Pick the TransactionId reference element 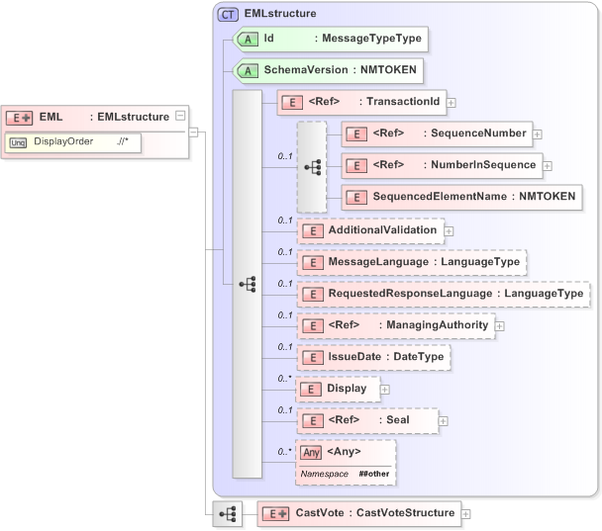click(x=361, y=101)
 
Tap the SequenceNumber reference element click(x=436, y=133)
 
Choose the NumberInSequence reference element click(x=441, y=164)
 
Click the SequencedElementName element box click(x=460, y=197)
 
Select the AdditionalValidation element click(x=369, y=230)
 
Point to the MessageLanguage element click(x=411, y=262)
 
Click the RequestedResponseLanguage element click(x=443, y=294)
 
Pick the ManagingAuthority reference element click(x=395, y=325)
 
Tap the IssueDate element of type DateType click(x=374, y=357)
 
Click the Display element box click(x=338, y=389)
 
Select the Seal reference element click(x=366, y=420)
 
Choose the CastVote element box click(x=357, y=513)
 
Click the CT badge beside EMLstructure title click(x=228, y=14)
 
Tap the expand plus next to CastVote click(x=465, y=513)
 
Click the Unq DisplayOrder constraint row click(x=74, y=142)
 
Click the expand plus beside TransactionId click(x=451, y=101)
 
